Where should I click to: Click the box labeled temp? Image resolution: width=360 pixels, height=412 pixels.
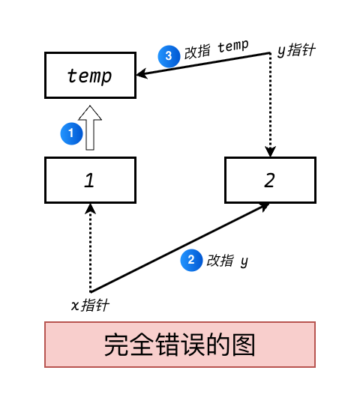click(x=90, y=75)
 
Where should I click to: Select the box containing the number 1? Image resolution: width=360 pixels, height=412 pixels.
click(x=90, y=180)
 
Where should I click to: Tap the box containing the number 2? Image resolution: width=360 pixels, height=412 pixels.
click(x=270, y=180)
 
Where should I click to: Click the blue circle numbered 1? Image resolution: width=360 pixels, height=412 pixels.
click(x=71, y=133)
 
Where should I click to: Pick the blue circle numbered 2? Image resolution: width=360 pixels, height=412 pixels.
click(x=191, y=260)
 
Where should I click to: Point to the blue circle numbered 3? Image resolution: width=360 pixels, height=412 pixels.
click(x=169, y=56)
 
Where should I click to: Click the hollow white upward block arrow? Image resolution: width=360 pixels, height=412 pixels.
click(x=90, y=127)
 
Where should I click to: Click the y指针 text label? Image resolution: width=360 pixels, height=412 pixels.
click(x=295, y=50)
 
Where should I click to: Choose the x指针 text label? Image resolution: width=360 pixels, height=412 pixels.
click(x=90, y=305)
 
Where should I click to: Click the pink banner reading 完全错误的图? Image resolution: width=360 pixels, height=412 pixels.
click(x=180, y=345)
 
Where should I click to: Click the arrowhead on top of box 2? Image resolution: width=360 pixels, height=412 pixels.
click(x=270, y=151)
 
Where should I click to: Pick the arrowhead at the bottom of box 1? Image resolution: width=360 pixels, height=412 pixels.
click(x=90, y=209)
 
